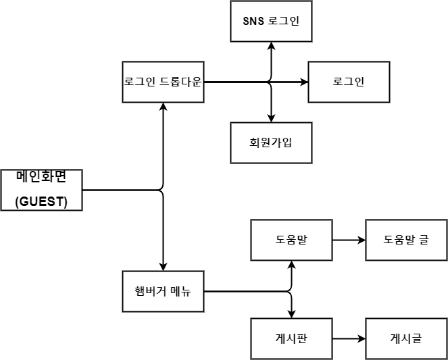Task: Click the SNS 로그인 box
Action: point(271,20)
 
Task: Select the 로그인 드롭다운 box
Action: point(163,82)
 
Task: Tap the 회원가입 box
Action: point(271,143)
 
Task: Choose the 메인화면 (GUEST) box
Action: point(41,190)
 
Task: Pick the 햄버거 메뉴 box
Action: point(163,292)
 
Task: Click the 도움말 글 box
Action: point(406,240)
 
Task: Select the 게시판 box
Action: point(291,338)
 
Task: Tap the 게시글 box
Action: point(406,338)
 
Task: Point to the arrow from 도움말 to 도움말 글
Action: point(349,240)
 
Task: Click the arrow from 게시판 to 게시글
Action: point(349,338)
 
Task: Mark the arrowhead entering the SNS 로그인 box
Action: point(271,45)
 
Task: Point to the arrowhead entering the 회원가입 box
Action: point(271,118)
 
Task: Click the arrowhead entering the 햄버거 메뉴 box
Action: point(163,267)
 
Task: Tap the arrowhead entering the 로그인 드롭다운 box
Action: point(163,107)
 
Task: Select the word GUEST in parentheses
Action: point(41,202)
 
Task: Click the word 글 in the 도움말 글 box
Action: point(423,240)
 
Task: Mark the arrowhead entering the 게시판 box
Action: point(291,314)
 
